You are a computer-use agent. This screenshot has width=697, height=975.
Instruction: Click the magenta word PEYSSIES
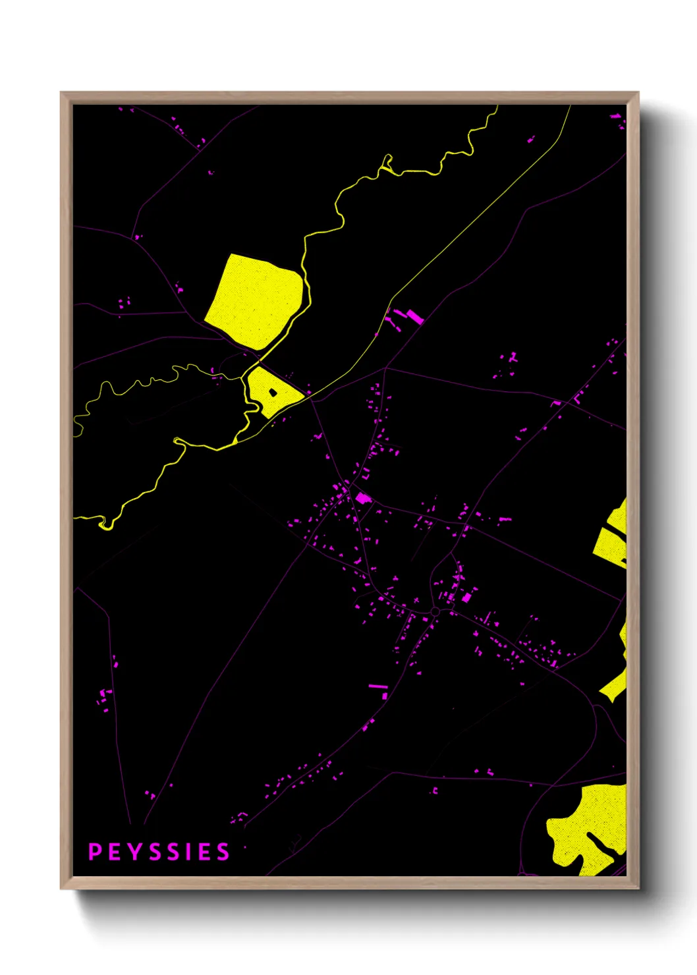click(x=159, y=852)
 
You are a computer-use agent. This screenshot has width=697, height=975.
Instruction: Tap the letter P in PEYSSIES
click(x=95, y=852)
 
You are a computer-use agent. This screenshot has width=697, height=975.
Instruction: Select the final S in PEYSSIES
click(x=223, y=852)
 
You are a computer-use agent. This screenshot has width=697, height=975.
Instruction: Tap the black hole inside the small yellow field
click(x=273, y=393)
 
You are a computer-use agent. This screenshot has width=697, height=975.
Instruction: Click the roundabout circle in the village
click(x=435, y=612)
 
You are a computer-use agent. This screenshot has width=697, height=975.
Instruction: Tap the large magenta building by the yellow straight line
click(x=414, y=316)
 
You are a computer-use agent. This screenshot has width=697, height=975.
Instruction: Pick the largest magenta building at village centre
click(x=363, y=498)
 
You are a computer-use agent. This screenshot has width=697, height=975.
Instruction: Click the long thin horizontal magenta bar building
click(x=378, y=686)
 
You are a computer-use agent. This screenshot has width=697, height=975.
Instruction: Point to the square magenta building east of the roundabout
click(x=466, y=598)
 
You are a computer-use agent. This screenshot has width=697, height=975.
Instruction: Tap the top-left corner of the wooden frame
click(x=62, y=94)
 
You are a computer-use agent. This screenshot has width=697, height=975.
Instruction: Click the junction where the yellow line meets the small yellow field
click(x=306, y=397)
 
